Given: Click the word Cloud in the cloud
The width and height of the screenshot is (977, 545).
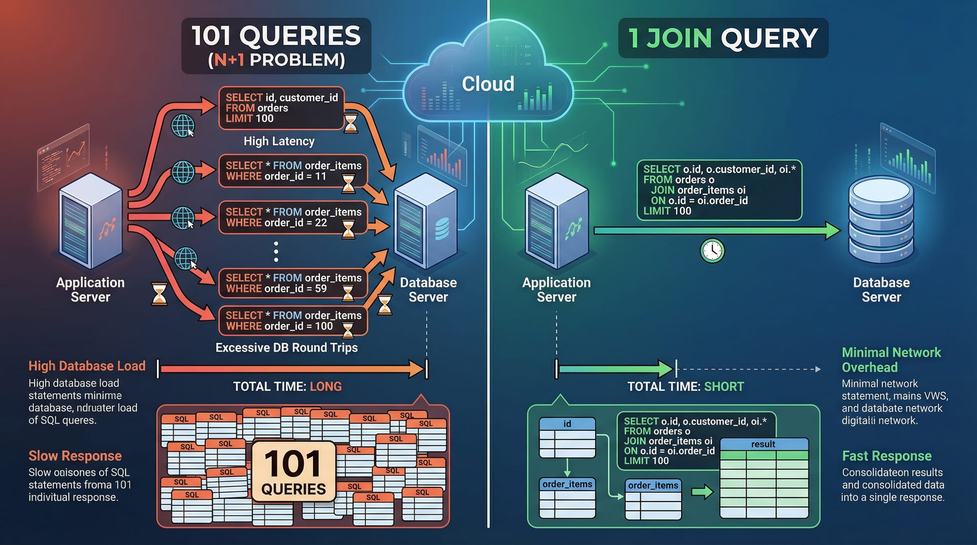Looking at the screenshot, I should coord(488,84).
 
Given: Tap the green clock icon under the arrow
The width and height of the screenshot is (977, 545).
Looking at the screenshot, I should coord(712,251).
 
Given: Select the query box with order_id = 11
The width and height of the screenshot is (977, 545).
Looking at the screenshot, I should coord(293,171).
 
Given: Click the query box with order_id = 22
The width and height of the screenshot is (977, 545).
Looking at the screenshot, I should coord(293,217).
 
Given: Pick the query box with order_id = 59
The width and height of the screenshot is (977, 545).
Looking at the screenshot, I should coord(293,283).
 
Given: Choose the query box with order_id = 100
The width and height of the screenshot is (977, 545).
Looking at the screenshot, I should coord(293,321).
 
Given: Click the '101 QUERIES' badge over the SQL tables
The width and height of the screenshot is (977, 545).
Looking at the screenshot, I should coord(294,471).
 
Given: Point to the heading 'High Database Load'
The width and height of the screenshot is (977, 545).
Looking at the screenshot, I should coord(87,366).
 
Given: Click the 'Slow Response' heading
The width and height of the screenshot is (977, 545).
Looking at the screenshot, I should coord(75,456).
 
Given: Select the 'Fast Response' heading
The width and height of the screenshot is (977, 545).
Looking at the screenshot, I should coord(887,456).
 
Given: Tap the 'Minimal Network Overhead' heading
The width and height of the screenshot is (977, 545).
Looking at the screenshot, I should coord(891,359).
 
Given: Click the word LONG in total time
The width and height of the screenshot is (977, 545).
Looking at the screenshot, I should coord(326,386).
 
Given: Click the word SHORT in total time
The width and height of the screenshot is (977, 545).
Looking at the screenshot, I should coord(724,386).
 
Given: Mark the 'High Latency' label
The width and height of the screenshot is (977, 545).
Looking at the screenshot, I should coord(279,141).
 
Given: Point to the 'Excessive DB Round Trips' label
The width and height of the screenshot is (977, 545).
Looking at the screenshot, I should coord(287,348).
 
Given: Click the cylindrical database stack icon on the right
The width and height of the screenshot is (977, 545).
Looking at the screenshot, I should coord(881,220).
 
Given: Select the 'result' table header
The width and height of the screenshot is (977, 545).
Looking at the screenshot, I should coord(763,444).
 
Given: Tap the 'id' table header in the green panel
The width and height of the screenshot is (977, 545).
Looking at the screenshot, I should coord(567,423).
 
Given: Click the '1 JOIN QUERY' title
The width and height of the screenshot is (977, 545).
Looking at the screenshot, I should coord(723,38).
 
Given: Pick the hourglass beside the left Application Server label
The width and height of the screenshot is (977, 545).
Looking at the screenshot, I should coord(159,293).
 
